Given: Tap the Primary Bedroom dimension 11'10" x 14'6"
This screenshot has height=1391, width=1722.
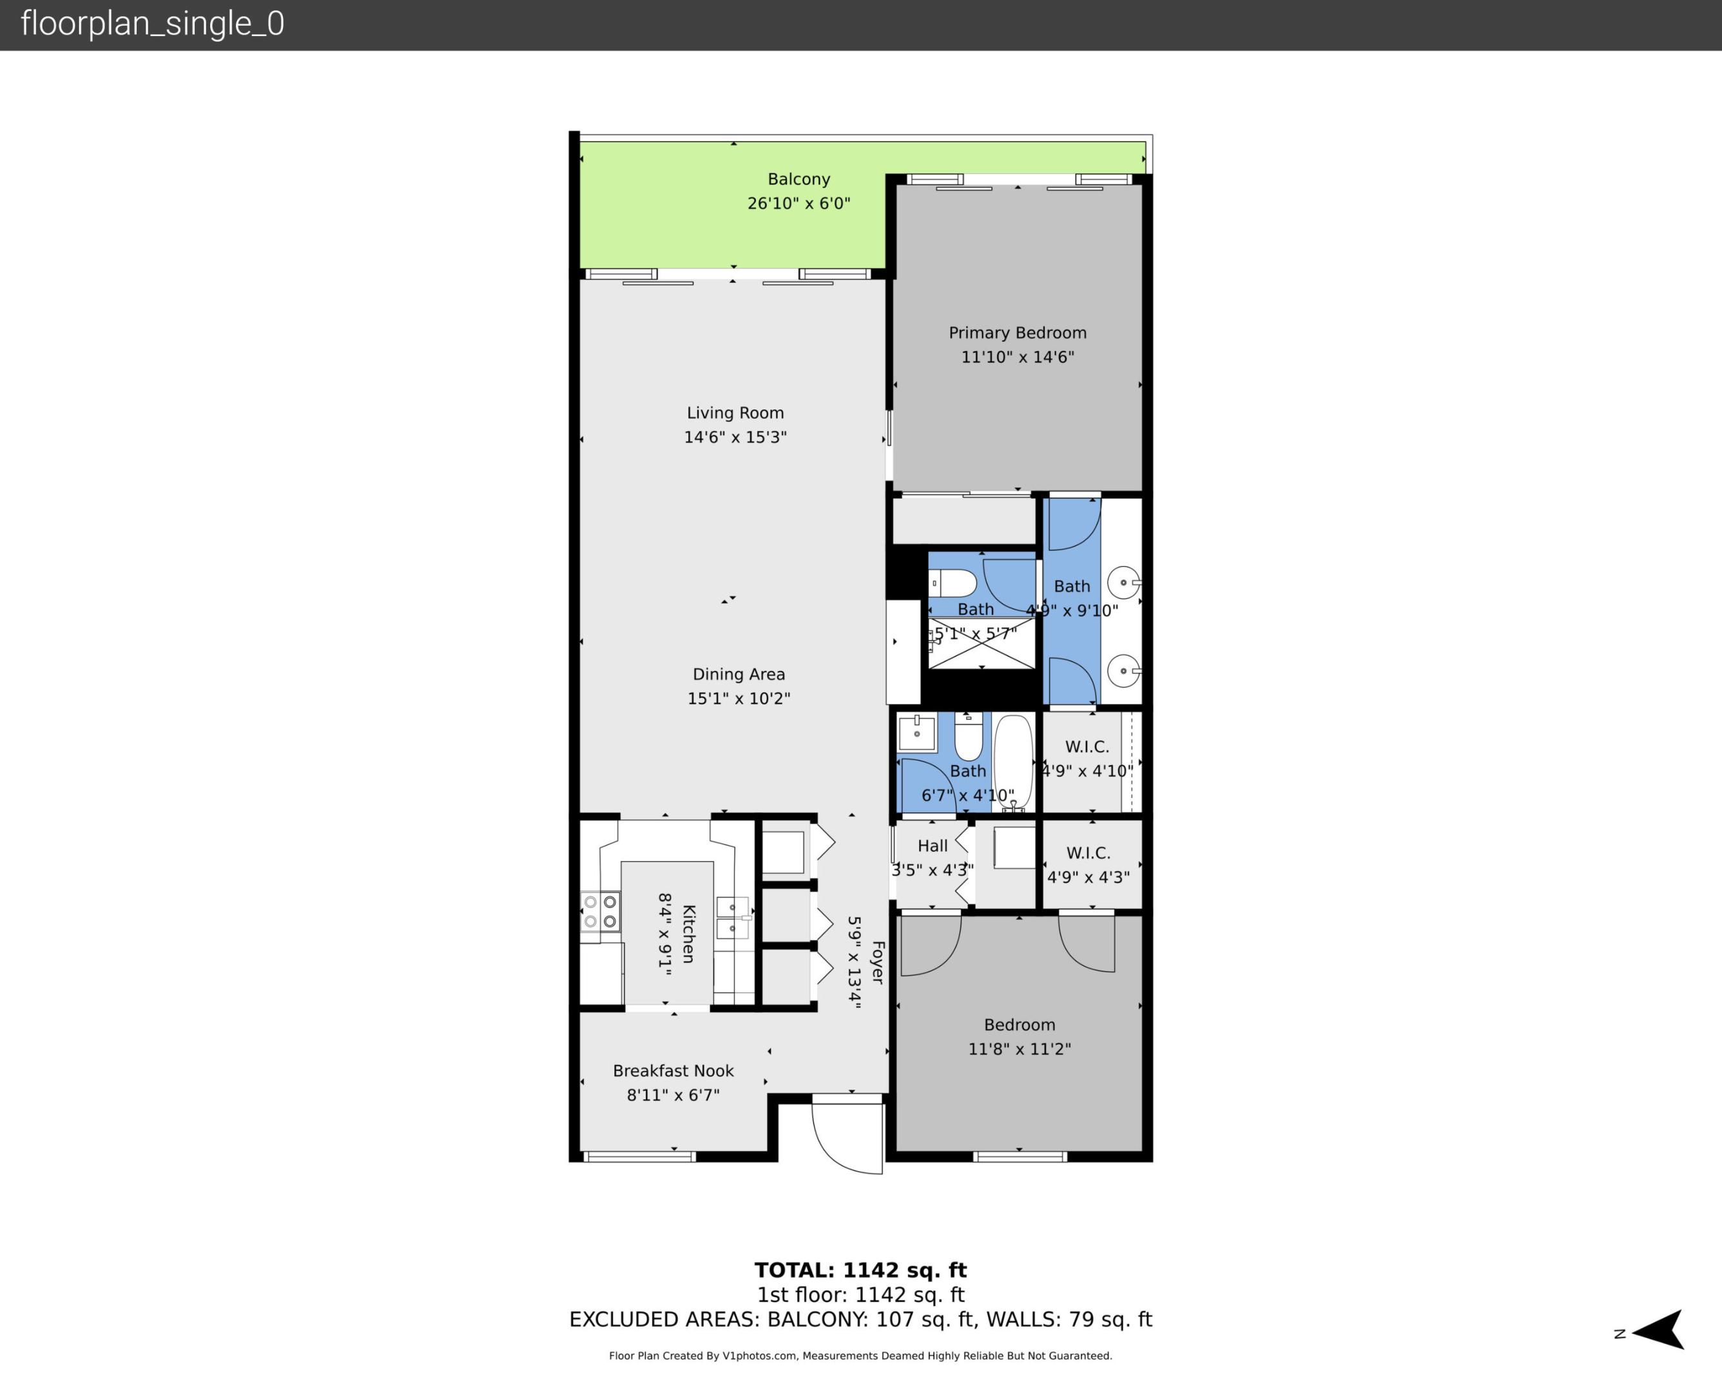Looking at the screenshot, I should (x=1018, y=357).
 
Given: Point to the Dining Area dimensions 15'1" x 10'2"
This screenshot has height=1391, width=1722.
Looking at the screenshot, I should (x=739, y=699).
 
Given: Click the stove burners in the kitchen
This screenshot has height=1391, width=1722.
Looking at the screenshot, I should (x=599, y=912).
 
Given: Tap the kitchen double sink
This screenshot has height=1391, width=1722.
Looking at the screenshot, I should (x=733, y=918).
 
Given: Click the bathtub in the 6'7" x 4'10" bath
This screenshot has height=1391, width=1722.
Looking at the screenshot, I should (x=1013, y=762).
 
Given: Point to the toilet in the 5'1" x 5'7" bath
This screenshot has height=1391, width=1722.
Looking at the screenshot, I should (x=953, y=583).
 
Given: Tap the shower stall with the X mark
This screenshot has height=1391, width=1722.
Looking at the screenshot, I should (x=982, y=643).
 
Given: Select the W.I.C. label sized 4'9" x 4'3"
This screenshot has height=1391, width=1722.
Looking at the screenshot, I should (x=1088, y=853).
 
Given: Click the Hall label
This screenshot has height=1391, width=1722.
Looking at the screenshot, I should (x=933, y=846).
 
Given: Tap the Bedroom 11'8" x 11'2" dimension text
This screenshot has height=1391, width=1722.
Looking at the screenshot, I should (x=1019, y=1050).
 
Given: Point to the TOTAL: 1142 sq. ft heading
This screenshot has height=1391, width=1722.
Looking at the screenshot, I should (x=860, y=1271).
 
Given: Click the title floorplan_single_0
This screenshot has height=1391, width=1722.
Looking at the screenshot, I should (x=152, y=24).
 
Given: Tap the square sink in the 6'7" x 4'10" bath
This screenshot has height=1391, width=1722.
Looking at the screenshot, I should (x=916, y=732).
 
